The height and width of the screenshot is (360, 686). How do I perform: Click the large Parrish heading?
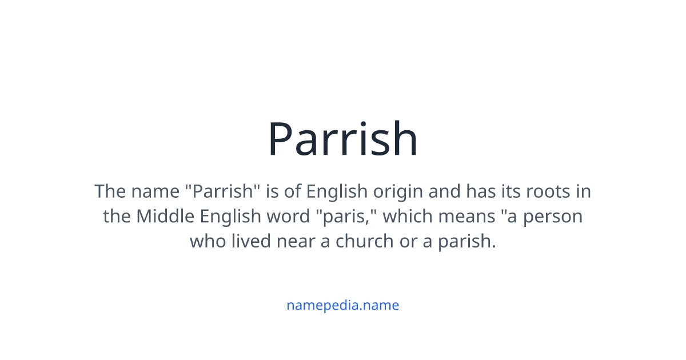343,139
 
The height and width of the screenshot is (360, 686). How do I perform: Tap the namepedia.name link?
343,305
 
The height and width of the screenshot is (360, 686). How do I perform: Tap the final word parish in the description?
466,241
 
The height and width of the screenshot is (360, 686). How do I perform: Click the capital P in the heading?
282,139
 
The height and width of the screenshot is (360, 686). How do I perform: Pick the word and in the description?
445,191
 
